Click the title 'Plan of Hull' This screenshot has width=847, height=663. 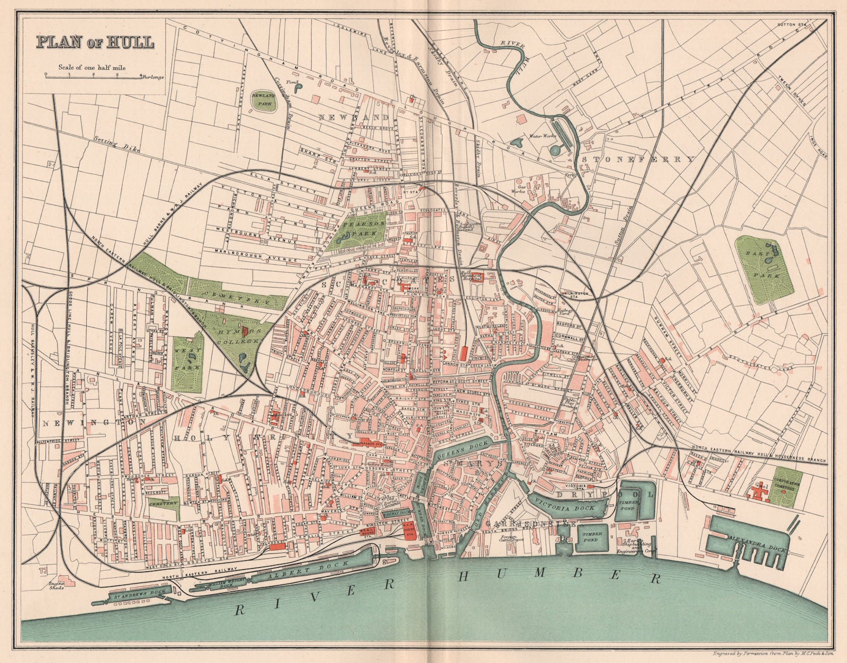95,42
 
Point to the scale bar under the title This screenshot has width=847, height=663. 93,76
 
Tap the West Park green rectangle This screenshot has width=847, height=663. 188,362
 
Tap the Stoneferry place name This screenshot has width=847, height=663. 638,159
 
